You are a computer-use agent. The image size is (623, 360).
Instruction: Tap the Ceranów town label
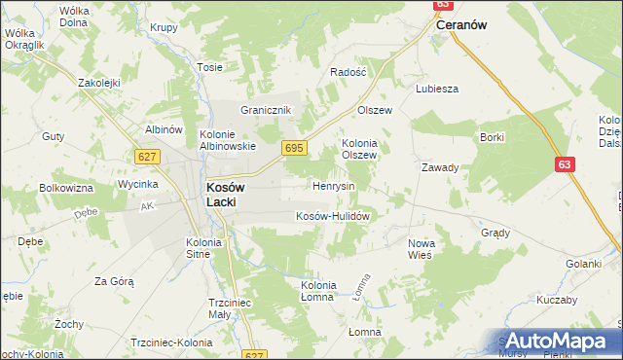[461, 25]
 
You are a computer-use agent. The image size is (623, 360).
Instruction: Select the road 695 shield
[295, 147]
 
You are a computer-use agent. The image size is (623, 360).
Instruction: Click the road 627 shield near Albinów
[147, 157]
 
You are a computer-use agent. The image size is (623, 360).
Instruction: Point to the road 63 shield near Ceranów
[439, 5]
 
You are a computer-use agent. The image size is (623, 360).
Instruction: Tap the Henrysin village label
[333, 185]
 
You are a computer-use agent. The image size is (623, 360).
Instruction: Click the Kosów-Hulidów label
[330, 216]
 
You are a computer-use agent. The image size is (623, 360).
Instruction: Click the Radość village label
[348, 72]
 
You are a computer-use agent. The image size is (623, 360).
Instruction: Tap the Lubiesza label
[436, 88]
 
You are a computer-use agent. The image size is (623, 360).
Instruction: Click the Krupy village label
[164, 27]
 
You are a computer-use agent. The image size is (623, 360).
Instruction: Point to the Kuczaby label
[556, 300]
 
